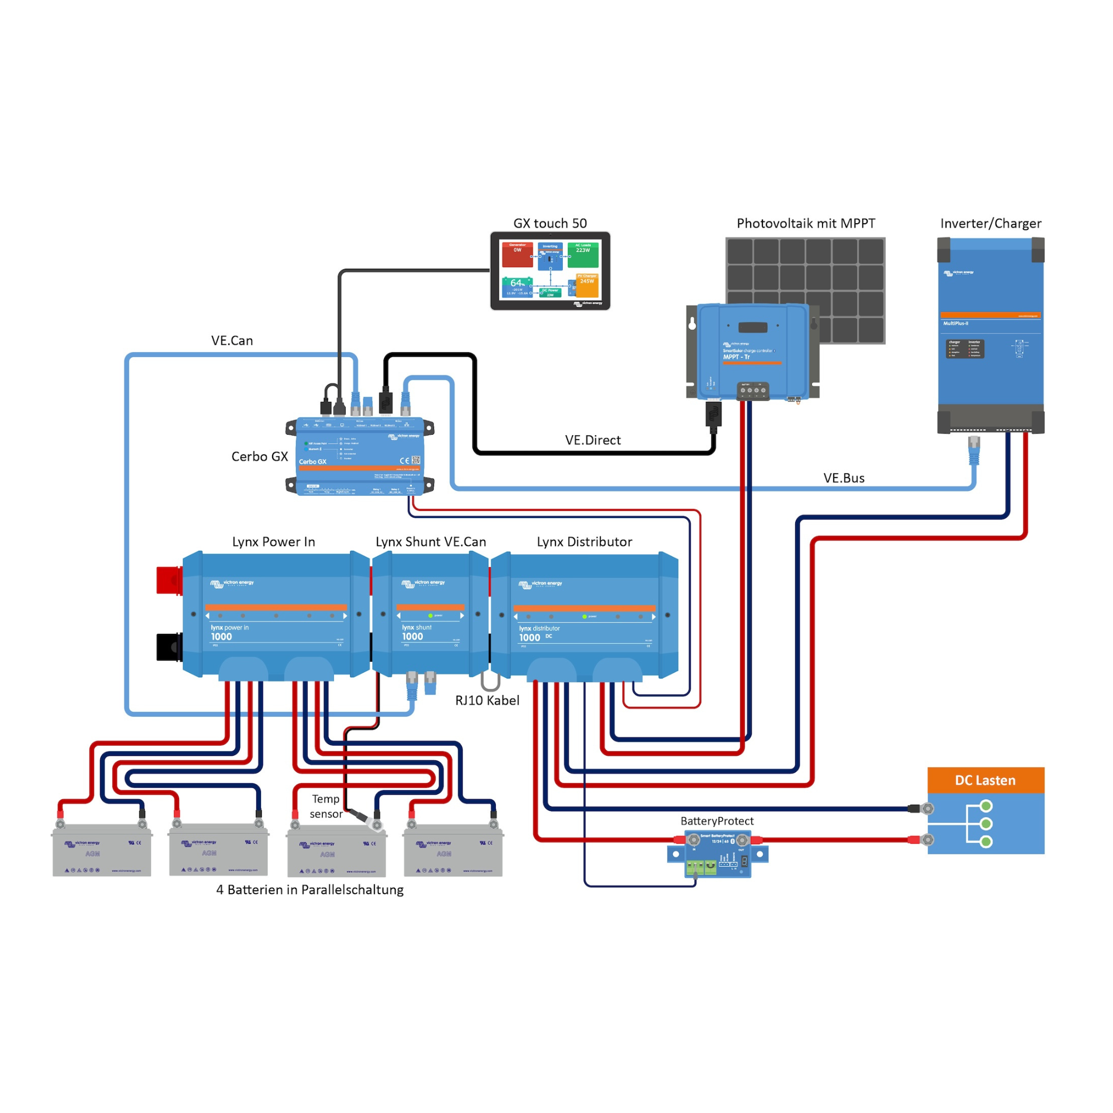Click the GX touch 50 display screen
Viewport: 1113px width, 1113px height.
tap(550, 270)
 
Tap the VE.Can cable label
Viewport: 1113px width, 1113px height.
tap(232, 341)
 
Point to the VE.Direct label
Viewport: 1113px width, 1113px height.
tap(593, 440)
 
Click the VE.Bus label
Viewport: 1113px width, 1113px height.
tap(844, 478)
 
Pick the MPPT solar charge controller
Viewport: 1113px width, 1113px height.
tap(752, 351)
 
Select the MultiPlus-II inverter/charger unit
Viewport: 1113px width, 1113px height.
tap(991, 334)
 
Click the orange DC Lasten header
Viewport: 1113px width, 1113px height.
tap(985, 780)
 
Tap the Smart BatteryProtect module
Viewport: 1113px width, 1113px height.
tap(718, 853)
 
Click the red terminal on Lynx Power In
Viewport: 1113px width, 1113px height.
tap(169, 579)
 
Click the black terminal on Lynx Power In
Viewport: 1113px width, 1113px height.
tap(169, 647)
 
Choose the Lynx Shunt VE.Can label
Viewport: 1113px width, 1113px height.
tap(430, 541)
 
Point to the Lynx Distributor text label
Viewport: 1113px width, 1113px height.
tap(584, 541)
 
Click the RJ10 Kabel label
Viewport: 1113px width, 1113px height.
tap(487, 700)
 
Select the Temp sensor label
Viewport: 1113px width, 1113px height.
tap(326, 806)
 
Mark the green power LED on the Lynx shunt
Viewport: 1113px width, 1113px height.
tap(430, 616)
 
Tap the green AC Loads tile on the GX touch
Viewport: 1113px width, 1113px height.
tap(583, 255)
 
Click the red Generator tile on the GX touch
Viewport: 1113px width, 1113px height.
tap(517, 255)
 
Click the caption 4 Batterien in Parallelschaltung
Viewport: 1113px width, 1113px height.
tap(309, 889)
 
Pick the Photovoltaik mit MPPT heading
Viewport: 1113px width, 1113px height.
tap(805, 224)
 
